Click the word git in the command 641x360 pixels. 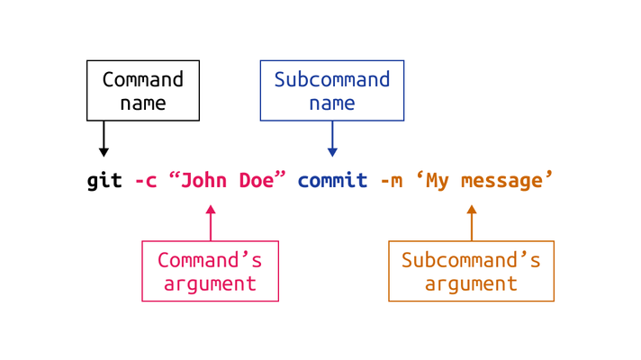tap(104, 181)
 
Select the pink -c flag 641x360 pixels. tap(146, 181)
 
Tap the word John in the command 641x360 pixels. tap(203, 180)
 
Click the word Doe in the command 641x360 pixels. tap(257, 180)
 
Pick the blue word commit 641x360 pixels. tap(332, 180)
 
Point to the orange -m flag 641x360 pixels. tap(392, 181)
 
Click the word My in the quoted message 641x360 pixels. tap(438, 182)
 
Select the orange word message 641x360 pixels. tap(502, 182)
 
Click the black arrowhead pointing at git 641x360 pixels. tap(104, 152)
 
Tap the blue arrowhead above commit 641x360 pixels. tap(332, 152)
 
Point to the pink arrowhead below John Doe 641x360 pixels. tap(211, 209)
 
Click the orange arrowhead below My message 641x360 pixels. tap(472, 209)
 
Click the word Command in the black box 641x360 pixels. tap(142, 79)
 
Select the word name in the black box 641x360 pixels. tap(143, 103)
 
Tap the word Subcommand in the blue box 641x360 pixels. tap(332, 79)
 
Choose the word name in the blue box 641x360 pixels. tap(332, 103)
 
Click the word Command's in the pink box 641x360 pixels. tap(210, 260)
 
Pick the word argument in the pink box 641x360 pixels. tap(210, 284)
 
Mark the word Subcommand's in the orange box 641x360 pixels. tap(471, 260)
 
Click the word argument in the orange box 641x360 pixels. tap(471, 284)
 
